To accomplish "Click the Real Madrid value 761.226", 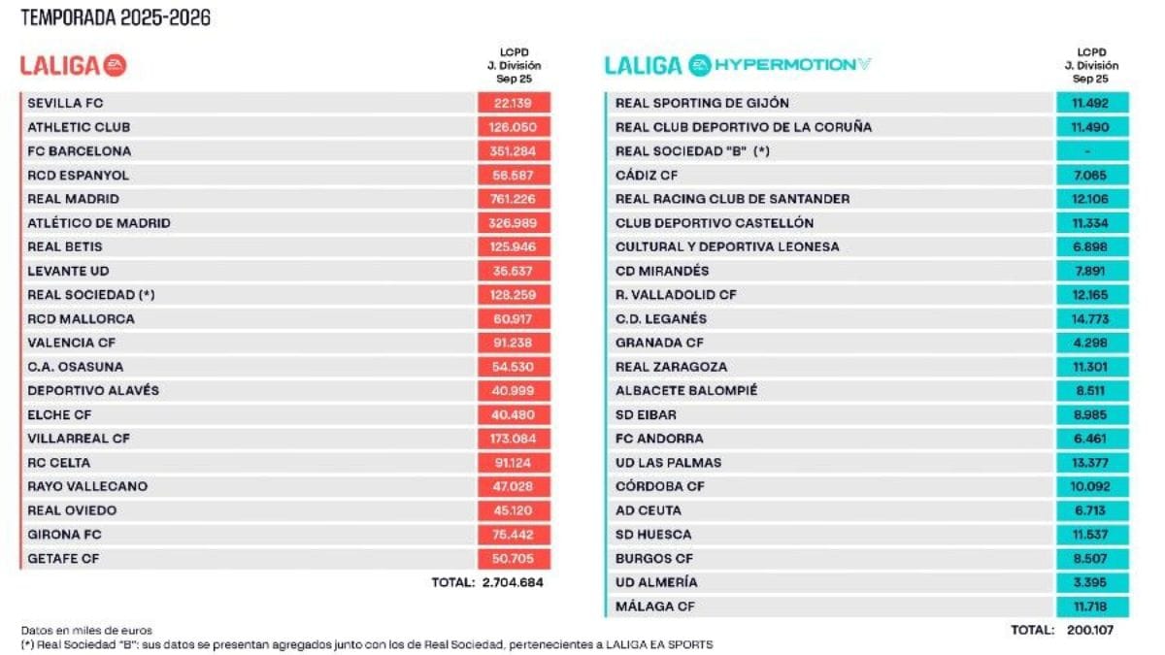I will pos(515,199).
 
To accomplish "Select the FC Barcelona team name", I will pos(80,151).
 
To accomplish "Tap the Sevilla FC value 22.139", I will pos(515,104).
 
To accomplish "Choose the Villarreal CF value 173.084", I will pos(515,439).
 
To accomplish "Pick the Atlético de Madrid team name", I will pos(99,223).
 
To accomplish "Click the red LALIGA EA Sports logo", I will pos(74,65).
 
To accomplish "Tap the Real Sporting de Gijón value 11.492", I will pos(1092,104).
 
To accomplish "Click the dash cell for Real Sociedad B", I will pos(1092,151).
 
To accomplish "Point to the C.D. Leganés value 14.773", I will pos(1092,318).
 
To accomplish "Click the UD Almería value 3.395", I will pos(1092,582).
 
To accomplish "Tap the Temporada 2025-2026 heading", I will pos(116,17).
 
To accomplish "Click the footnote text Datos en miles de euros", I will pos(86,630).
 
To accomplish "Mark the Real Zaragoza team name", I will pos(671,367).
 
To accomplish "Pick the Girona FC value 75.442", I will pos(515,534).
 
